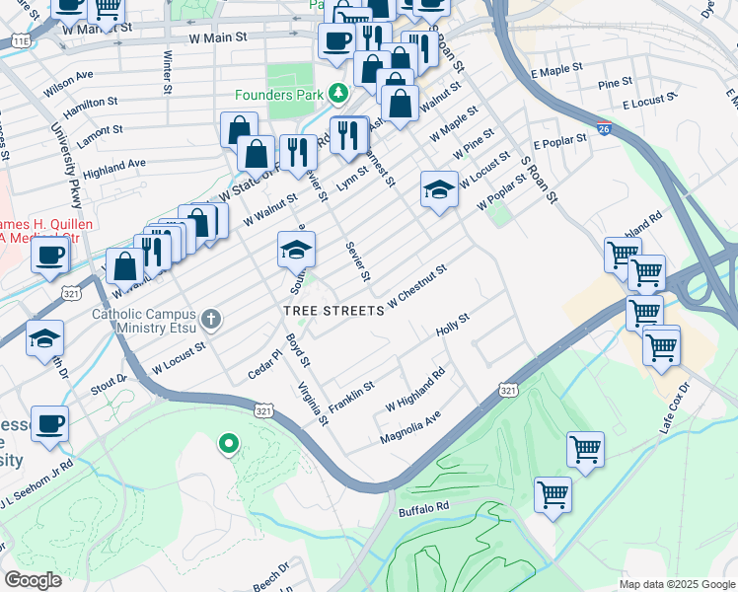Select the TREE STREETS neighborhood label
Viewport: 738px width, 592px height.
pos(332,311)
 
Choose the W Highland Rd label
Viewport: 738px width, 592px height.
pos(415,390)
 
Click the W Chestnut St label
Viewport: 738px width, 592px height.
pos(417,284)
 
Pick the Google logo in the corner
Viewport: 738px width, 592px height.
pos(32,580)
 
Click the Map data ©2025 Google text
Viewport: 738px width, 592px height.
pos(676,584)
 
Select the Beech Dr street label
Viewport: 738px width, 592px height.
pos(268,575)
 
